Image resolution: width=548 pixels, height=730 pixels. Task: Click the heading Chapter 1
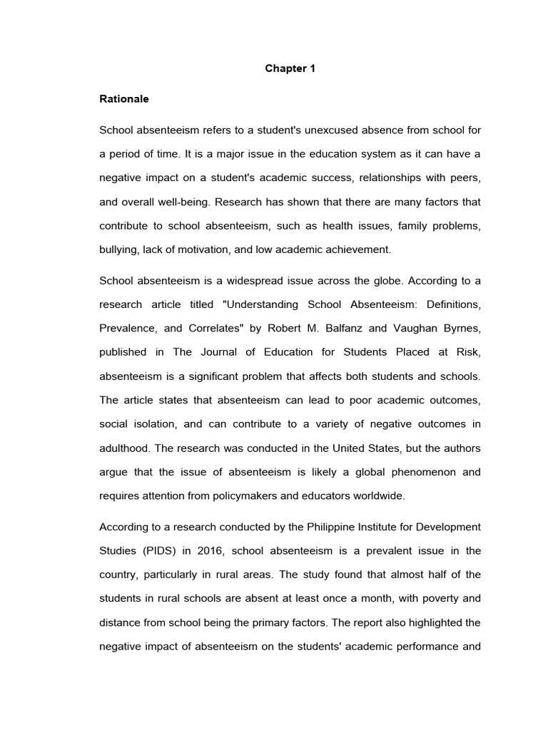pos(290,69)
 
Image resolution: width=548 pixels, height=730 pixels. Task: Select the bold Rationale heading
pos(124,99)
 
